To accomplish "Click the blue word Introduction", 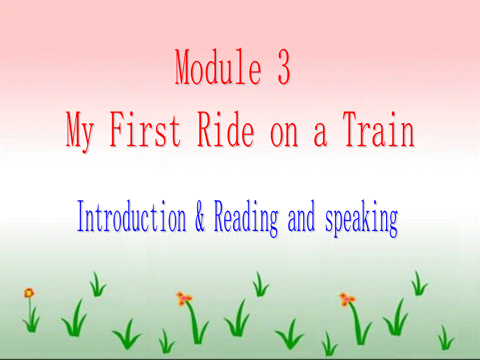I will click(x=131, y=219).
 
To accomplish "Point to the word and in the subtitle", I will click(x=302, y=220).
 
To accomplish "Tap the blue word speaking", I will click(x=362, y=221).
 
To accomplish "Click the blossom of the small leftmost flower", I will click(x=29, y=293).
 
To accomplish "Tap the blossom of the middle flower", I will click(x=184, y=298).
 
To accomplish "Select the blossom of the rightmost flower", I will click(x=347, y=299).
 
